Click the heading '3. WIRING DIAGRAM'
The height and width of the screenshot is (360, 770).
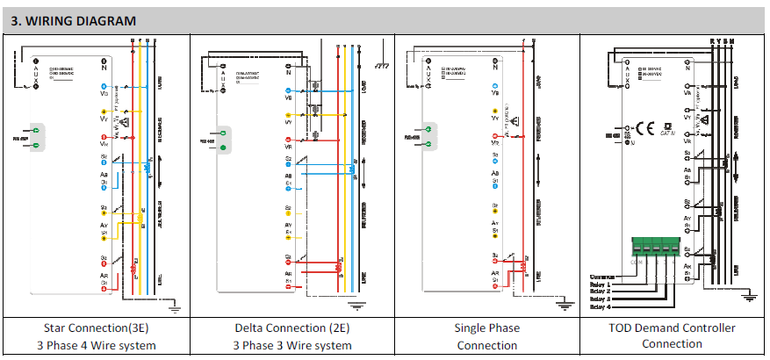coord(74,19)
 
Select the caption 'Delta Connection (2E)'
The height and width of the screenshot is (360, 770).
coord(292,328)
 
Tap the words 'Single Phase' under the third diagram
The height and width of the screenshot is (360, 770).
coord(486,328)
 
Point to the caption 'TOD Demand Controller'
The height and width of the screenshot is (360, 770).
coord(673,328)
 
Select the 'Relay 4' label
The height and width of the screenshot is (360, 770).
coord(600,307)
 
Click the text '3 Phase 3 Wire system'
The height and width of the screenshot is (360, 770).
coord(292,345)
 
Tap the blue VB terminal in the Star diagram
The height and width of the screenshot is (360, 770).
coord(104,85)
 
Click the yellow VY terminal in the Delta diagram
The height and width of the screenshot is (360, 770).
coord(289,114)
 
